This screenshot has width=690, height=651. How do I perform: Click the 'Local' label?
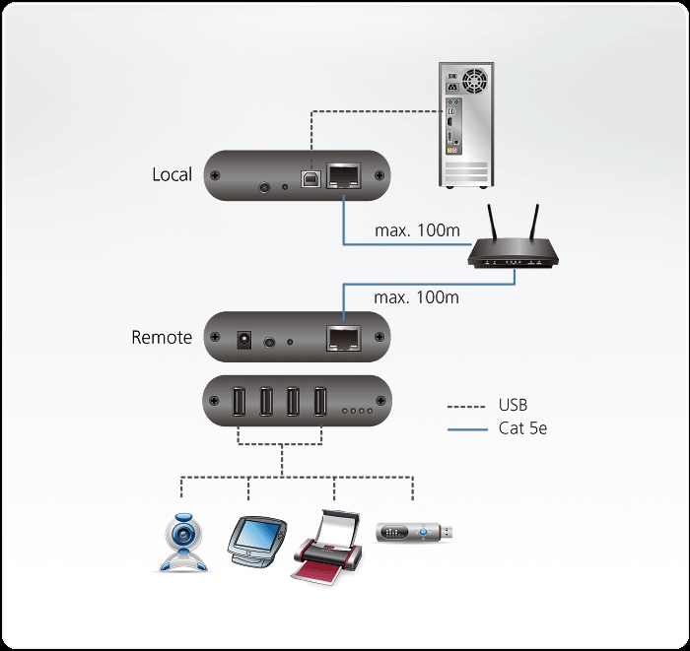172,174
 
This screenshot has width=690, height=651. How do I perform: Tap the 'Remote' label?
162,337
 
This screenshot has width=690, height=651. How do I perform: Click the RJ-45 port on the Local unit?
342,177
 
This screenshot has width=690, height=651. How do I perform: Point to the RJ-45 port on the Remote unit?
342,339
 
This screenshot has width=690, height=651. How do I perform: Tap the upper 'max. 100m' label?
417,230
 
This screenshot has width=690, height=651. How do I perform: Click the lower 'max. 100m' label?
417,296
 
